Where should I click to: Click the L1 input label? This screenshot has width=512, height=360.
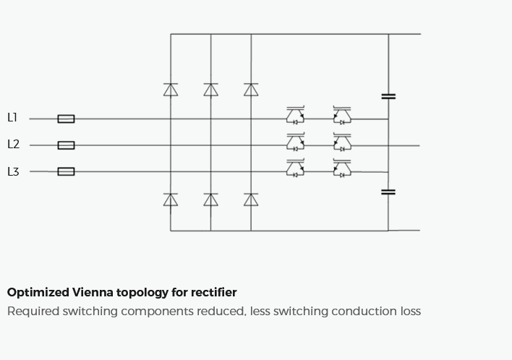pyautogui.click(x=12, y=118)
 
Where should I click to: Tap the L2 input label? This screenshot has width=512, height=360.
pyautogui.click(x=14, y=145)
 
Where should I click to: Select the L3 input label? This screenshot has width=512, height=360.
pyautogui.click(x=14, y=171)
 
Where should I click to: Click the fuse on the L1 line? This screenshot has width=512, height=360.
pyautogui.click(x=66, y=119)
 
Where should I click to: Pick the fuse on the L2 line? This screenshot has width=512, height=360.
pyautogui.click(x=66, y=145)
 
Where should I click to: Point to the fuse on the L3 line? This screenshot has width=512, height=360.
pyautogui.click(x=66, y=171)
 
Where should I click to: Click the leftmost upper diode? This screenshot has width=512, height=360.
pyautogui.click(x=171, y=90)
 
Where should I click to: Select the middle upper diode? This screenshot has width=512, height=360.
pyautogui.click(x=210, y=90)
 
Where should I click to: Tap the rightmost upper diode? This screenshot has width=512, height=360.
pyautogui.click(x=251, y=90)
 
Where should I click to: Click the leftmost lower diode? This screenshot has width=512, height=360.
pyautogui.click(x=171, y=200)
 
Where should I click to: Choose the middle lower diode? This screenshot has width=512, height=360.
pyautogui.click(x=210, y=200)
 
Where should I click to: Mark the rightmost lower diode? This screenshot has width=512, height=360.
pyautogui.click(x=251, y=200)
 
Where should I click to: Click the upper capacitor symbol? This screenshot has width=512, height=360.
pyautogui.click(x=388, y=96)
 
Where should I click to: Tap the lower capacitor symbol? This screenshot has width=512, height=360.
pyautogui.click(x=388, y=192)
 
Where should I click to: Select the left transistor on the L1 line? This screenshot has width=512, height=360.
pyautogui.click(x=296, y=115)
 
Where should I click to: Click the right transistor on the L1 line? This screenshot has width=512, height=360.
pyautogui.click(x=342, y=115)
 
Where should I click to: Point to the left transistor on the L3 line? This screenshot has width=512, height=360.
pyautogui.click(x=296, y=168)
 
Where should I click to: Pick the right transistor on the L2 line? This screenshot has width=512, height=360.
pyautogui.click(x=342, y=142)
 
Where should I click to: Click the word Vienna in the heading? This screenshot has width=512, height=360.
pyautogui.click(x=93, y=292)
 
